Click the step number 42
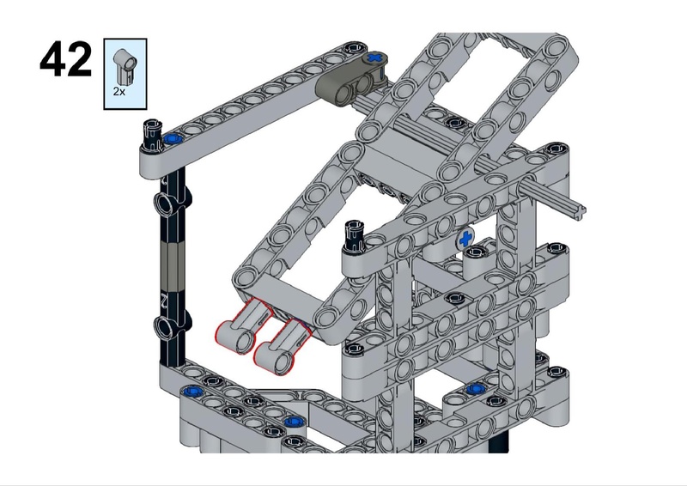(x=66, y=59)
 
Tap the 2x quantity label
(x=119, y=92)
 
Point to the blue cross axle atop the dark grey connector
(x=375, y=58)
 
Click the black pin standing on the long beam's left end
(x=151, y=135)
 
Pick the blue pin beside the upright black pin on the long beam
(x=173, y=139)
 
